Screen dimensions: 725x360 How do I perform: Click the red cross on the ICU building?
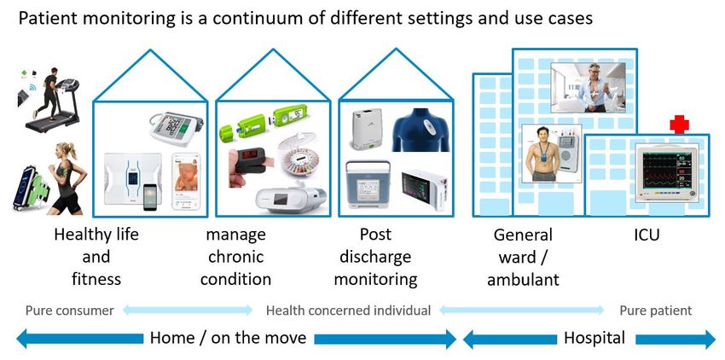(679, 124)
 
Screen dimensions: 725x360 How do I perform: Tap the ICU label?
(647, 235)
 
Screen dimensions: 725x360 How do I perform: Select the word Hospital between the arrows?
(594, 338)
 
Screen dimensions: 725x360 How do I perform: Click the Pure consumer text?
(69, 311)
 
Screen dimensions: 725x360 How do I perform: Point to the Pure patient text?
(656, 311)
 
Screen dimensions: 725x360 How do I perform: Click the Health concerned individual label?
(348, 311)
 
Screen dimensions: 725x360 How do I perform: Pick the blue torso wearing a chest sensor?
(420, 128)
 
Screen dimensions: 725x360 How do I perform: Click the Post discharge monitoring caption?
(375, 257)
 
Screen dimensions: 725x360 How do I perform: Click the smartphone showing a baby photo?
(186, 181)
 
